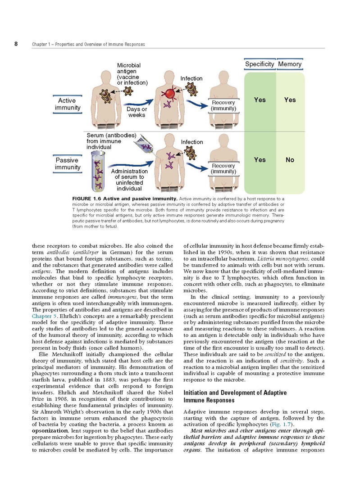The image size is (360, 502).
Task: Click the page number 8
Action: click(x=16, y=44)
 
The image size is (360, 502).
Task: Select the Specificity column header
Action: click(x=260, y=64)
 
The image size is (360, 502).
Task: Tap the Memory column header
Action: click(x=290, y=64)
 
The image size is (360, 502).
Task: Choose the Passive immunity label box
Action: click(x=68, y=164)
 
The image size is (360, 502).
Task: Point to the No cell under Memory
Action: click(x=290, y=160)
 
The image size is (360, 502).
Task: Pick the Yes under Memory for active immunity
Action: click(x=290, y=100)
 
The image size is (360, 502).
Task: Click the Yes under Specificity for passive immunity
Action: click(x=260, y=160)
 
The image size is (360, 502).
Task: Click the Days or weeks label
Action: click(x=137, y=112)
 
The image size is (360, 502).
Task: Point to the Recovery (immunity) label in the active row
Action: click(x=223, y=106)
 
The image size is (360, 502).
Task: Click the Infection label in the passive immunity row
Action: click(x=192, y=142)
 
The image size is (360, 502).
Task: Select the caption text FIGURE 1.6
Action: click(x=87, y=198)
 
